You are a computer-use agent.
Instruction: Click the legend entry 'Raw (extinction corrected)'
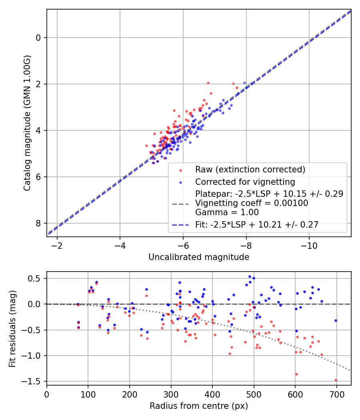pyautogui.click(x=250, y=169)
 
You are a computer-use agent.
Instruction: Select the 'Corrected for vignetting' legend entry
pyautogui.click(x=245, y=182)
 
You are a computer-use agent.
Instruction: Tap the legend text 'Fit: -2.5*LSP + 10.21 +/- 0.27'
pyautogui.click(x=257, y=225)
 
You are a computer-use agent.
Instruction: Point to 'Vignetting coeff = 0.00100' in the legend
pyautogui.click(x=252, y=203)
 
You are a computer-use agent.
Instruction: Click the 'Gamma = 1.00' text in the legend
pyautogui.click(x=227, y=212)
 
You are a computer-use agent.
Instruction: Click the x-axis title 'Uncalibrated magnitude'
pyautogui.click(x=199, y=257)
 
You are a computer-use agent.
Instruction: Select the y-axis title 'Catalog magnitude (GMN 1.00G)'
pyautogui.click(x=27, y=123)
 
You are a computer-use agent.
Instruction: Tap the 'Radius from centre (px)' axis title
pyautogui.click(x=199, y=406)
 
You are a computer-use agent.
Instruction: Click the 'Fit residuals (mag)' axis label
pyautogui.click(x=12, y=328)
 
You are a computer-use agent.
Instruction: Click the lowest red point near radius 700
pyautogui.click(x=336, y=380)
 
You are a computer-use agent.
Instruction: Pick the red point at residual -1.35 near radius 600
pyautogui.click(x=296, y=374)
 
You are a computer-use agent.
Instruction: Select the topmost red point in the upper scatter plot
pyautogui.click(x=208, y=83)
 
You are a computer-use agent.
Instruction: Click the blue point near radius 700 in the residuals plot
pyautogui.click(x=336, y=320)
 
